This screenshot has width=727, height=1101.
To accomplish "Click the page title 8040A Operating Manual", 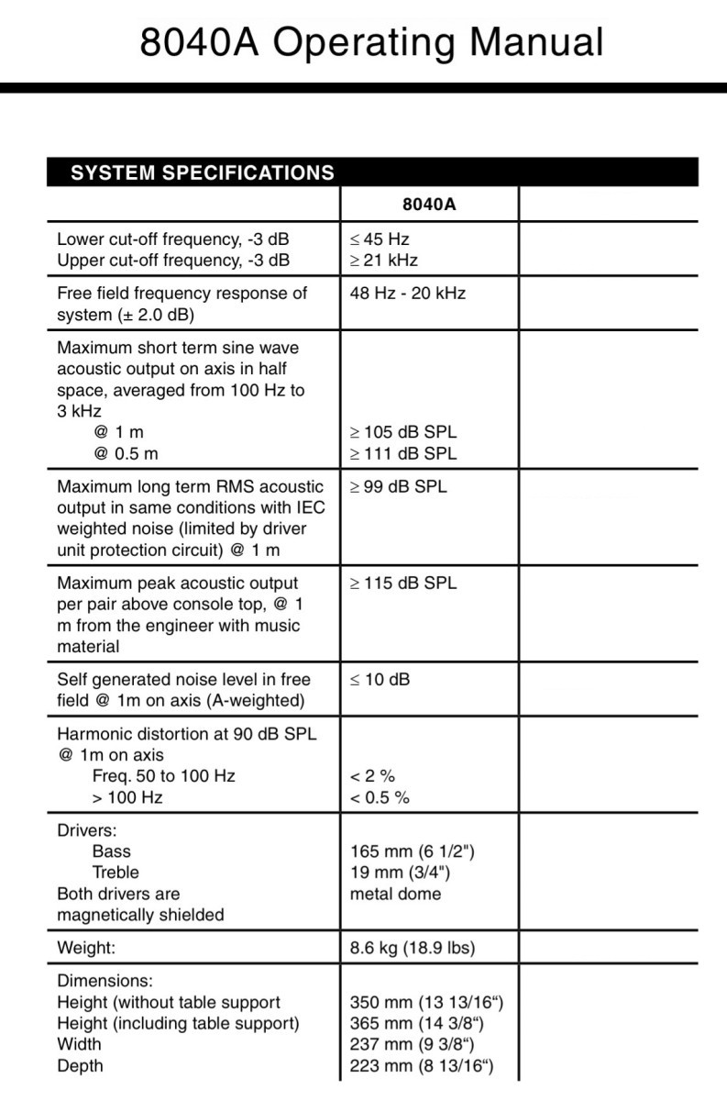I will coord(371,43).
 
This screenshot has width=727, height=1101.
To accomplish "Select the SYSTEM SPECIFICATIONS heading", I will coord(202,172).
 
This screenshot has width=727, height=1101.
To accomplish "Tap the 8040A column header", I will coord(428,204).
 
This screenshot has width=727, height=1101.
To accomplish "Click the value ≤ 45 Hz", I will coord(380,239).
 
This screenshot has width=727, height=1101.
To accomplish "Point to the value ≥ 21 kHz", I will coord(384,261).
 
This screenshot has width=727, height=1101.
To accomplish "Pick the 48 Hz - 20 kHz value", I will coord(407,294).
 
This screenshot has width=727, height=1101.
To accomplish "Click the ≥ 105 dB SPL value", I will coord(403,432).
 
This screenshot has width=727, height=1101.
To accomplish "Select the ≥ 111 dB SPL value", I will coord(403,453).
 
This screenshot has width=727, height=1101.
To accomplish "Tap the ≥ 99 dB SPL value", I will coord(399,487).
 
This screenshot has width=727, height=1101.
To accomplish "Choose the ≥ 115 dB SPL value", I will coord(403,584).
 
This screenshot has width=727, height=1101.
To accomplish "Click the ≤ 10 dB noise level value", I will coord(380,680).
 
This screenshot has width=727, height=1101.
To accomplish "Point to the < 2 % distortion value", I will coord(373,776).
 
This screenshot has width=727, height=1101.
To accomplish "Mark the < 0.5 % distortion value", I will coord(380,797).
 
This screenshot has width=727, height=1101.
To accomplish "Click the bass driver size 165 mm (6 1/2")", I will coord(413,851).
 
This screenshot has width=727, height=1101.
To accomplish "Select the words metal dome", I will coord(395,894).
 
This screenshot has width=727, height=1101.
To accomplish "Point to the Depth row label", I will coord(80,1066).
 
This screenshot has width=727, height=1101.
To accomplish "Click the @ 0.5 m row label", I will coord(125,453).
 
